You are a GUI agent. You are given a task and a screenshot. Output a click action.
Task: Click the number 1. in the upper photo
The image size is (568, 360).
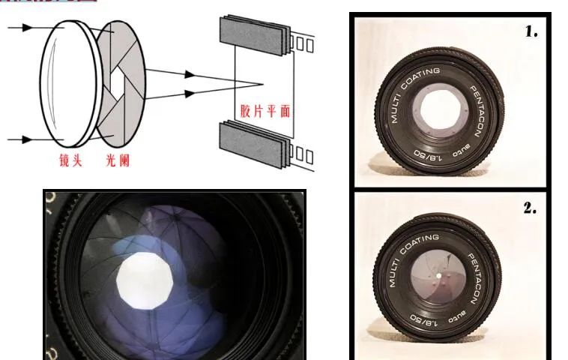click(531, 31)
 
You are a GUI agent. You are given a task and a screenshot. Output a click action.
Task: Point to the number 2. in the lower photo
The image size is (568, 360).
click(530, 208)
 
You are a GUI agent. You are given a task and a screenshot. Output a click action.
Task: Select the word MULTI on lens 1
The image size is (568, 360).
click(396, 113)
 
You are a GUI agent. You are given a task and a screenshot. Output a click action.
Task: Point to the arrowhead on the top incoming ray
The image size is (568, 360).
click(28, 28)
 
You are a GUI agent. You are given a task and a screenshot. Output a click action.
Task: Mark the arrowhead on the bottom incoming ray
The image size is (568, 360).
click(28, 139)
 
